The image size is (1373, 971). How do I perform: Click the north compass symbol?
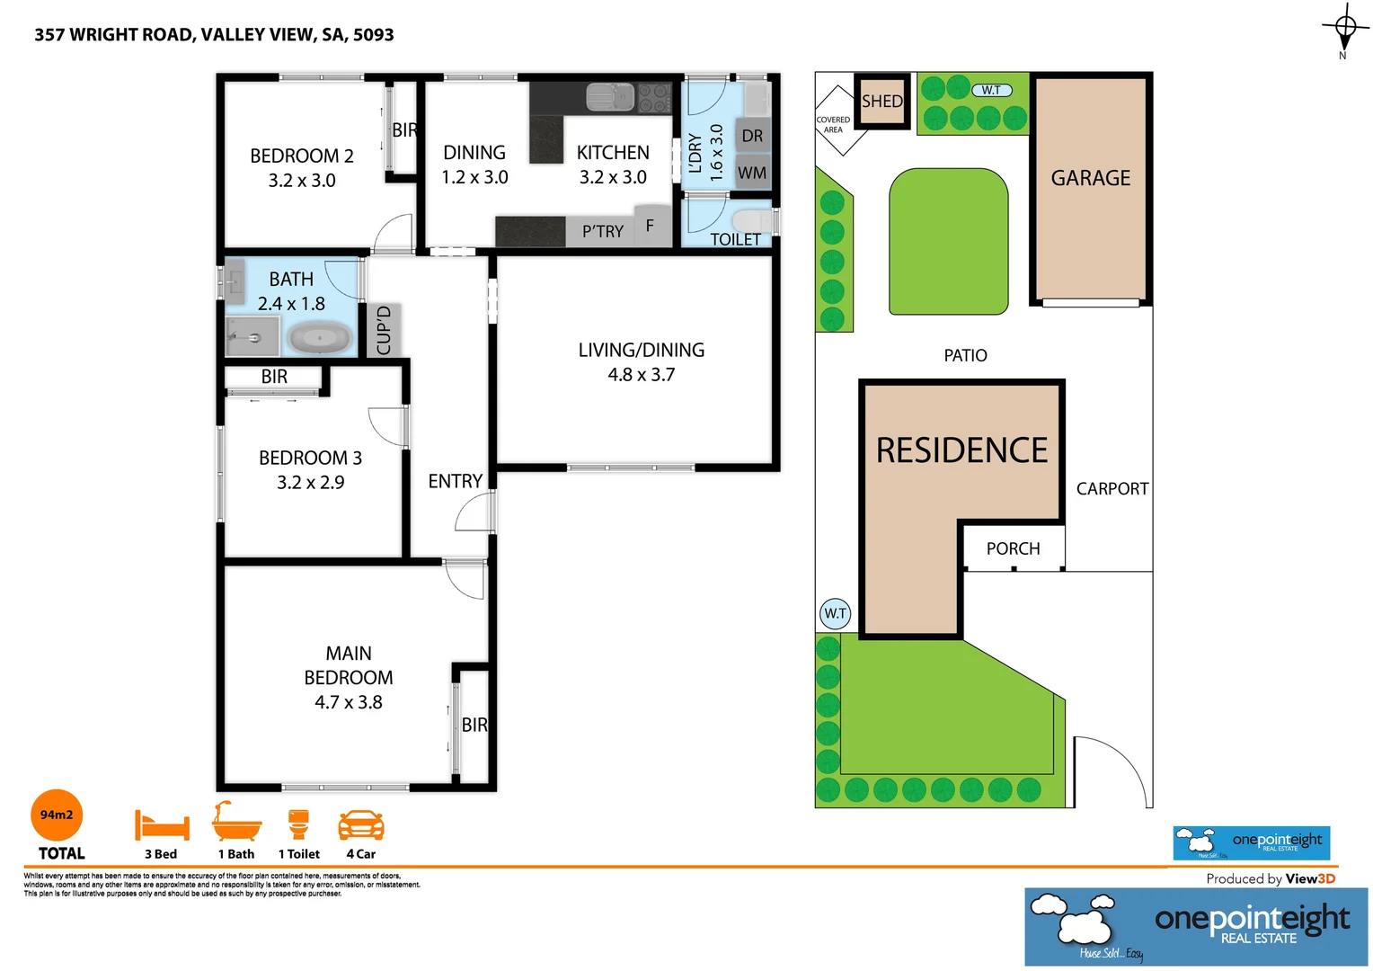(x=1344, y=28)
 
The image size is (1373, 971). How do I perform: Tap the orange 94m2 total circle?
(x=57, y=815)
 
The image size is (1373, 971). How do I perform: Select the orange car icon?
(x=360, y=825)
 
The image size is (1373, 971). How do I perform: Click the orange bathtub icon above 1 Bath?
(x=236, y=822)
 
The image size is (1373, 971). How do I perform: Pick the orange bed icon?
(x=162, y=824)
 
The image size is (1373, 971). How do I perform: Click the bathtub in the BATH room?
(x=319, y=340)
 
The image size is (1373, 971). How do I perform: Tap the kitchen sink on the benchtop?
(x=610, y=96)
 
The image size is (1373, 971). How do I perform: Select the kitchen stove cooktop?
(x=654, y=97)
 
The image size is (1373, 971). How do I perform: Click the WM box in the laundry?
(x=752, y=174)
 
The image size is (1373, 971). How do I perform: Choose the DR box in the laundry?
(x=752, y=136)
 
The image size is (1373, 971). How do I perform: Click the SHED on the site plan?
(x=881, y=102)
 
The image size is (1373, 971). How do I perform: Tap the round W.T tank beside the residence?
(x=835, y=614)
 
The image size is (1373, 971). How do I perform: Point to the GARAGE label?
(x=1091, y=178)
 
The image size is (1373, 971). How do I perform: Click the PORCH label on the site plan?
(x=1013, y=548)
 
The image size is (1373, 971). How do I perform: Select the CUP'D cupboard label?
(x=384, y=330)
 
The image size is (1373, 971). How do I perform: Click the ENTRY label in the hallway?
(x=455, y=481)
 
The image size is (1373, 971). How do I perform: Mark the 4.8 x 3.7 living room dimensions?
(x=641, y=375)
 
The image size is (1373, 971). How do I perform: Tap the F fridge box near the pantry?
(x=650, y=226)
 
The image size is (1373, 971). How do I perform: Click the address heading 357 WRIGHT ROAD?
(x=214, y=35)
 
